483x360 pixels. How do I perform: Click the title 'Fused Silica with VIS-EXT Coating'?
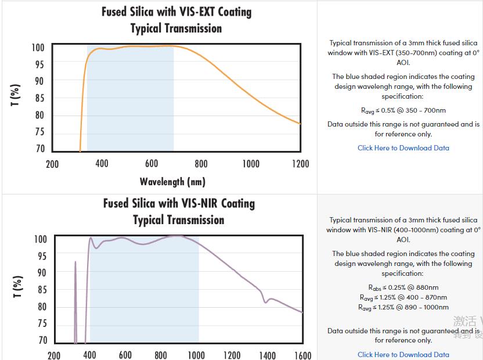tap(176, 12)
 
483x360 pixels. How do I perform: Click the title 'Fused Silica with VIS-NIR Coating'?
tap(179, 204)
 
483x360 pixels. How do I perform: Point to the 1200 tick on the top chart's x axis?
tap(300, 164)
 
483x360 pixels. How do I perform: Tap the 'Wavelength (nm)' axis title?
tap(172, 182)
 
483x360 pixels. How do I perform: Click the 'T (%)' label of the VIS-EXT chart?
tap(16, 95)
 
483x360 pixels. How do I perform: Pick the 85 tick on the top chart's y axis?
tap(39, 99)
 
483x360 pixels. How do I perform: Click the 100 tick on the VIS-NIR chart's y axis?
tap(41, 239)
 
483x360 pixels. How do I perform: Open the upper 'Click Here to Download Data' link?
tap(403, 148)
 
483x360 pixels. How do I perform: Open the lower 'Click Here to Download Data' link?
tap(403, 355)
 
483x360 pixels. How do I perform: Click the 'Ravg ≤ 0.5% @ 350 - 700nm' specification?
tap(403, 110)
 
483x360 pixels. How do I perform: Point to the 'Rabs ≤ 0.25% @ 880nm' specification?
tap(403, 287)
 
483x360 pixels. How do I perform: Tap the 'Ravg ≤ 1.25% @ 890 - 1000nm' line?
tap(403, 307)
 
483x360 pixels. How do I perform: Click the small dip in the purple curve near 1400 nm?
tap(266, 301)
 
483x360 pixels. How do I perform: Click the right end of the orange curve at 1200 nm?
tap(300, 123)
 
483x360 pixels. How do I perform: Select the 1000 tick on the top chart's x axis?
tap(251, 164)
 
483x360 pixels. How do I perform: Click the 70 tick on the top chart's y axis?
tap(39, 149)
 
